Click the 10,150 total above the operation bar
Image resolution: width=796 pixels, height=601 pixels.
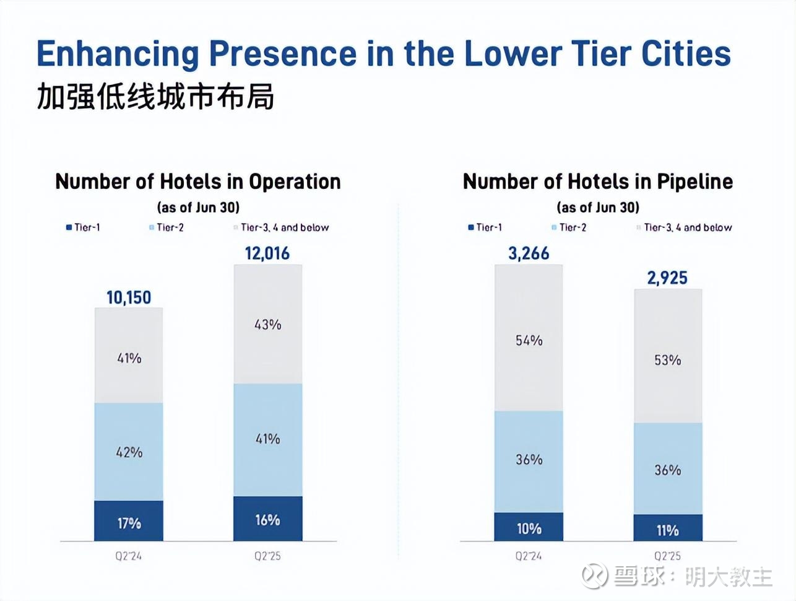[x=129, y=297]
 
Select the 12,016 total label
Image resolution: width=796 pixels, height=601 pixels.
[x=267, y=253]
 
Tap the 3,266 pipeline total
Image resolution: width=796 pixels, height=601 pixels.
[x=529, y=253]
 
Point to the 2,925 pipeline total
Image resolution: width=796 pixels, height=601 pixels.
[x=667, y=278]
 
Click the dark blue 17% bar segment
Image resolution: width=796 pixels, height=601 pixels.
[x=129, y=522]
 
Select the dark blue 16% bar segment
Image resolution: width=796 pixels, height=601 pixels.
[x=267, y=519]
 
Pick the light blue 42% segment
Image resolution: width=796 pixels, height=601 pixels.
[x=129, y=452]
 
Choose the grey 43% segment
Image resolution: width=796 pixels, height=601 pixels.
[x=267, y=324]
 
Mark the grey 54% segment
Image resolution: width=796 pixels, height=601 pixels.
[x=529, y=340]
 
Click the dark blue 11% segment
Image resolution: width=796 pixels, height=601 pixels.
[x=667, y=529]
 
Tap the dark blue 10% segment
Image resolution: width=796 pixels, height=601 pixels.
[x=529, y=527]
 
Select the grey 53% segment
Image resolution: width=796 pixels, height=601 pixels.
[x=667, y=359]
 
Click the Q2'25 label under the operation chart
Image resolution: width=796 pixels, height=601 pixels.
[x=267, y=556]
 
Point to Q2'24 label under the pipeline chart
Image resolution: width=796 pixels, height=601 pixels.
[x=529, y=556]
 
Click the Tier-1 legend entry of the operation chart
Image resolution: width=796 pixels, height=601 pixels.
[x=84, y=227]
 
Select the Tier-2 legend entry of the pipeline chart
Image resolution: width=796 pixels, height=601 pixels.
[x=569, y=227]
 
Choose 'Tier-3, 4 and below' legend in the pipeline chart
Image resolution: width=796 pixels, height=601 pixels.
[x=684, y=227]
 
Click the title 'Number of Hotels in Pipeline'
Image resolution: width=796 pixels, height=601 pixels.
[x=597, y=182]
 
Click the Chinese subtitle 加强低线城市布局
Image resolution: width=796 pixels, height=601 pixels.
[x=155, y=97]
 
